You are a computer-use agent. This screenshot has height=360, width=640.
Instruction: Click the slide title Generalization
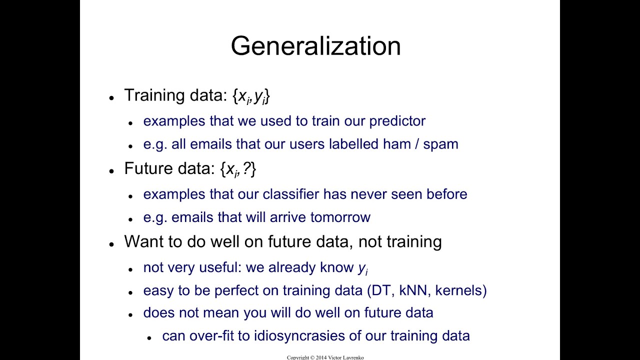click(x=315, y=46)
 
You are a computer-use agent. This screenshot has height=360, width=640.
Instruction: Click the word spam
click(x=440, y=144)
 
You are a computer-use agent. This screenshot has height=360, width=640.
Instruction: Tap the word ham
click(x=397, y=144)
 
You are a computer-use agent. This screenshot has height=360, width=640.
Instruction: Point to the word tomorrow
click(x=340, y=217)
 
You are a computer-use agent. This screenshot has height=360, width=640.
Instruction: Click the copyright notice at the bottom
click(x=325, y=357)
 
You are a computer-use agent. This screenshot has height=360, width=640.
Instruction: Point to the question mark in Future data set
click(x=246, y=169)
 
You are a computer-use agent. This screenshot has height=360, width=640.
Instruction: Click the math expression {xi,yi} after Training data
click(x=251, y=96)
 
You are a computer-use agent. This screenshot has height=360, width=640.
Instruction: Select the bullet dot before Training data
click(x=111, y=98)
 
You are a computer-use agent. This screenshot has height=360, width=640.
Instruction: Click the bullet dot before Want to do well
click(x=111, y=244)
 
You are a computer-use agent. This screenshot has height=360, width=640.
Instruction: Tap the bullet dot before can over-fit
click(x=149, y=338)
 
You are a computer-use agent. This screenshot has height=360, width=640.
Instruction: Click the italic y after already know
click(x=362, y=268)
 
